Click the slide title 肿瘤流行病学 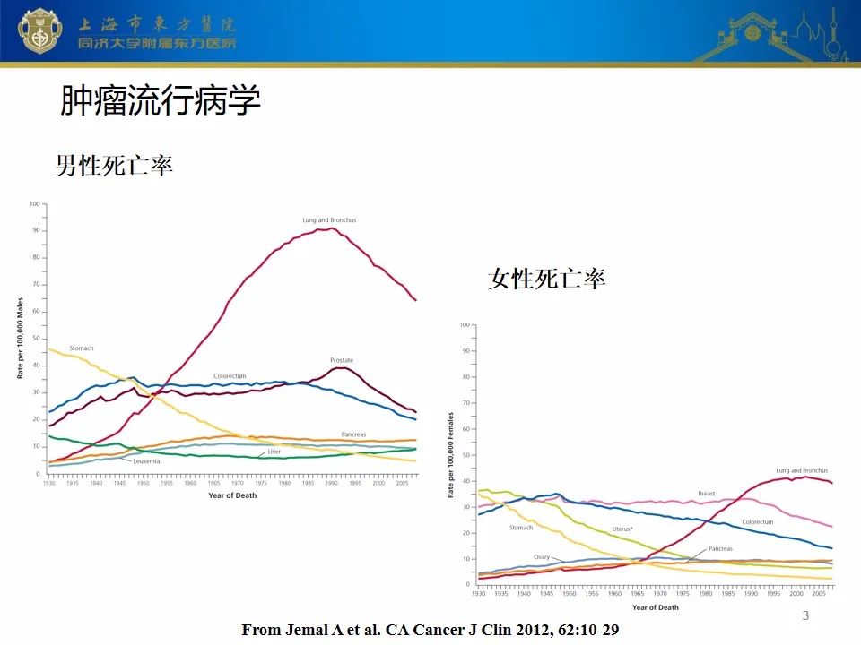tap(161, 101)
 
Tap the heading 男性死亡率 tap(114, 166)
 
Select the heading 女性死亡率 tap(547, 279)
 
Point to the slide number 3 tap(804, 615)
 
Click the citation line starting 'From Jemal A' tap(430, 631)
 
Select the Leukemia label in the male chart tap(146, 460)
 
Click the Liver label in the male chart tap(274, 451)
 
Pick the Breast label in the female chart tap(706, 494)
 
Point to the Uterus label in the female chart tap(622, 529)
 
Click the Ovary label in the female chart tap(541, 557)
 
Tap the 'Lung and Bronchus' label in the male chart tap(329, 219)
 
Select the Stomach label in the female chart tap(521, 528)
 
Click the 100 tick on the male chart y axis tap(36, 203)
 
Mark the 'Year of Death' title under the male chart tap(232, 495)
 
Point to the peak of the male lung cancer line tap(332, 228)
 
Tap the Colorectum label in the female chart tap(757, 522)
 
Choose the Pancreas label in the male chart tap(353, 434)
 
